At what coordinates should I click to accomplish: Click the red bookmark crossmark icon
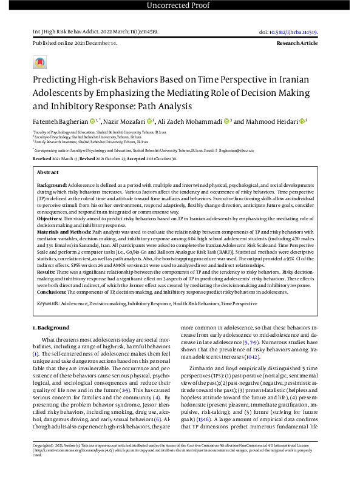[x=39, y=62]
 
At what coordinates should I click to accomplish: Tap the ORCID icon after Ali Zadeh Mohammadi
[x=227, y=121]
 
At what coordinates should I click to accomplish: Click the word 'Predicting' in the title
[x=56, y=79]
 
